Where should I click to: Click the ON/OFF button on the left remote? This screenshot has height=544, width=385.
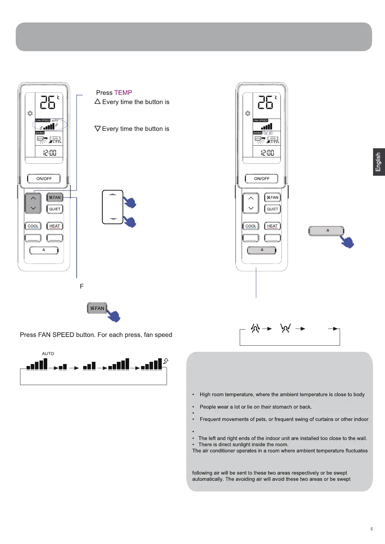(44, 179)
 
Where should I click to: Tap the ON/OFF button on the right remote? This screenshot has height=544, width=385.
(262, 179)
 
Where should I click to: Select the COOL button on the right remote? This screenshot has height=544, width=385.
(251, 226)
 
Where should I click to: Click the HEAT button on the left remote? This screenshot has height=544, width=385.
(55, 226)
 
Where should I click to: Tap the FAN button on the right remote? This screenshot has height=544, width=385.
(272, 197)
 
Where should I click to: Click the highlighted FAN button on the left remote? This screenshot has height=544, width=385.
(55, 197)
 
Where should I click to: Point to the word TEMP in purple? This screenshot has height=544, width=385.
(123, 93)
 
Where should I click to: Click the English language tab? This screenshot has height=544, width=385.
(378, 162)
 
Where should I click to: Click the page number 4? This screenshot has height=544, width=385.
(371, 529)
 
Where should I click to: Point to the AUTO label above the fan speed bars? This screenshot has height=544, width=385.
(48, 354)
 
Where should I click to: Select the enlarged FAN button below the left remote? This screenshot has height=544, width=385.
(97, 308)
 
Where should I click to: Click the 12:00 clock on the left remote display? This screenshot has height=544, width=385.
(50, 153)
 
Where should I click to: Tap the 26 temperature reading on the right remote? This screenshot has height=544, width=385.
(265, 102)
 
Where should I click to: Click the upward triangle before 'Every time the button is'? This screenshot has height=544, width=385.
(97, 101)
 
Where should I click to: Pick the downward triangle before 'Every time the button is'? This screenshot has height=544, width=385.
(97, 129)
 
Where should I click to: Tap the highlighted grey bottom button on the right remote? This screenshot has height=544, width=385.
(262, 250)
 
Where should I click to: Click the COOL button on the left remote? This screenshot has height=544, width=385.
(33, 226)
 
